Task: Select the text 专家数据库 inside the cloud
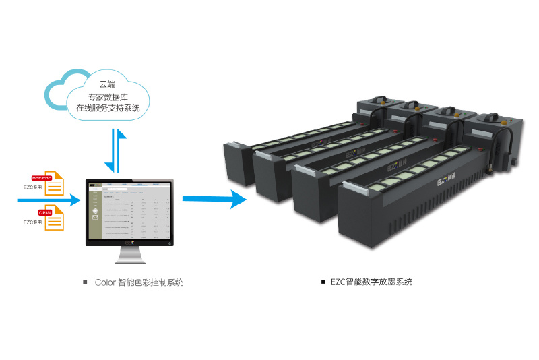108,96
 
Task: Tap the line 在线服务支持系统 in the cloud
108,107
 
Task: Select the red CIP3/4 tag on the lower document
46,211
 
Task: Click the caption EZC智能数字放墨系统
371,282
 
